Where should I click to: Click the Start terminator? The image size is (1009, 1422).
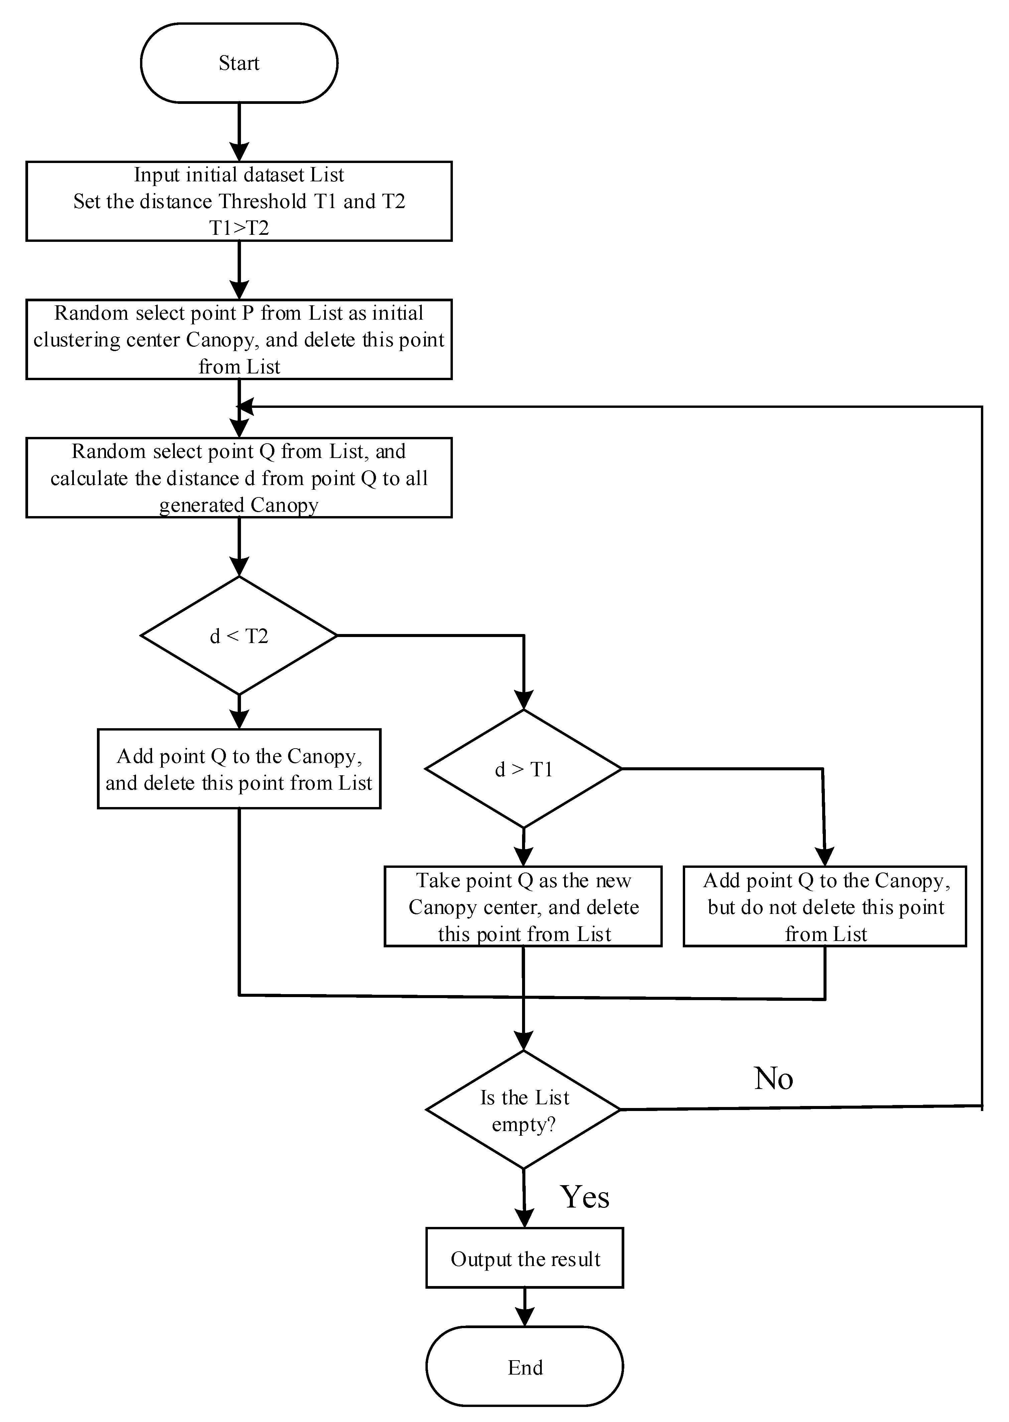pyautogui.click(x=239, y=63)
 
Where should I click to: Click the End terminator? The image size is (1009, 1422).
pyautogui.click(x=525, y=1367)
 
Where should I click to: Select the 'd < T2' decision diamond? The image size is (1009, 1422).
pyautogui.click(x=239, y=635)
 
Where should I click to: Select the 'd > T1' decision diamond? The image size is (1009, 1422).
pyautogui.click(x=524, y=769)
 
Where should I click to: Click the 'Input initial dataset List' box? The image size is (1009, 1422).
pyautogui.click(x=239, y=201)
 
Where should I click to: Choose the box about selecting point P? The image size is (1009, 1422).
pyautogui.click(x=239, y=339)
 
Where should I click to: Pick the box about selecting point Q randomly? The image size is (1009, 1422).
pyautogui.click(x=239, y=478)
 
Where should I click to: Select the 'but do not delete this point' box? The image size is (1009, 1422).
pyautogui.click(x=825, y=907)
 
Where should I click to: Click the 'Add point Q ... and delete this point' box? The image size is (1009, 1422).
pyautogui.click(x=239, y=769)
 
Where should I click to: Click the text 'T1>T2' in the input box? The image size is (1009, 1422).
pyautogui.click(x=239, y=228)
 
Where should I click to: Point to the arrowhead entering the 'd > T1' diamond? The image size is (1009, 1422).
pyautogui.click(x=524, y=700)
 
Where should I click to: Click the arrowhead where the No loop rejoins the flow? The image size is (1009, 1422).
pyautogui.click(x=246, y=407)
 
